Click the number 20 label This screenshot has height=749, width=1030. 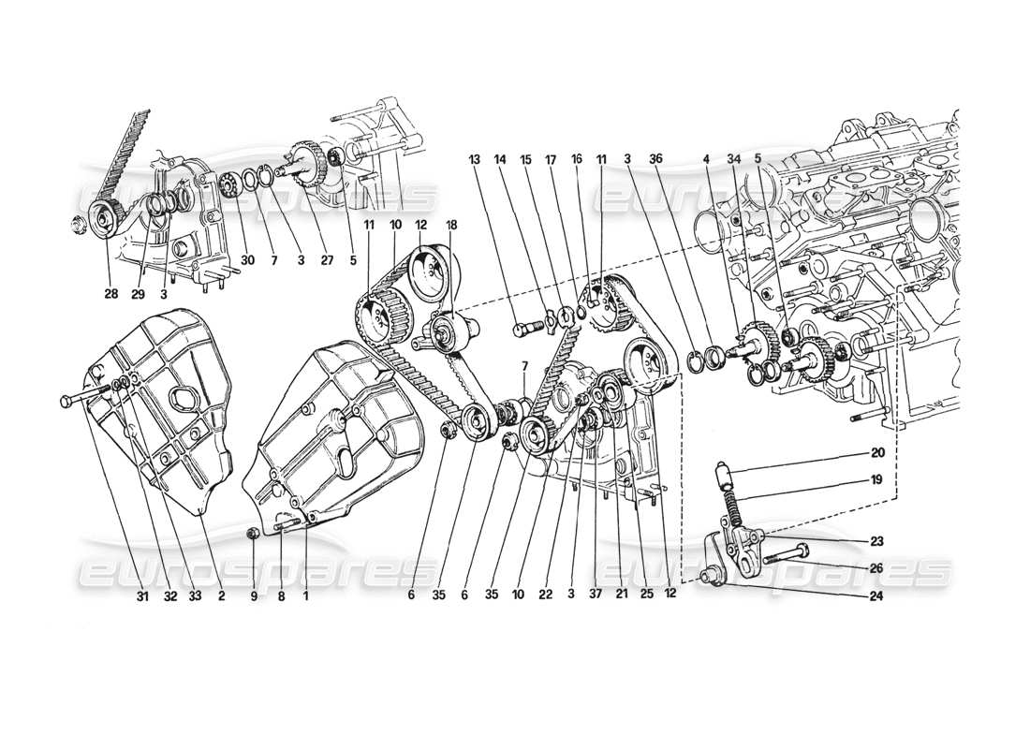[877, 451]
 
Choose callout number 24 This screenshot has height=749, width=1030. [877, 593]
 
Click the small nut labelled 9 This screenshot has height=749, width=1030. [252, 534]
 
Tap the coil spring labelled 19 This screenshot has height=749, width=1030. [736, 509]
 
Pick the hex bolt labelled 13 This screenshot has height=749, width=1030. [526, 329]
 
